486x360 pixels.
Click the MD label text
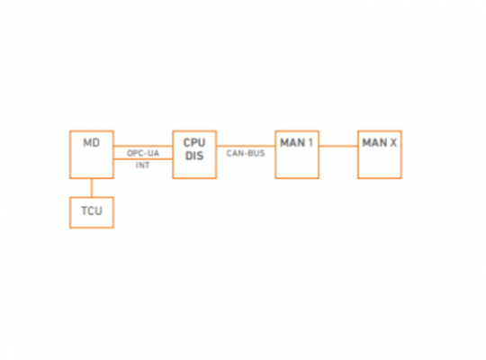click(x=92, y=142)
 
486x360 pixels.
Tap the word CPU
click(x=194, y=142)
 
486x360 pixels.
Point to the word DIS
click(x=194, y=156)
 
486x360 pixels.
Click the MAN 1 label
click(x=297, y=142)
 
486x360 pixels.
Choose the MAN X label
click(x=380, y=142)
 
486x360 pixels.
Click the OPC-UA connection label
click(x=143, y=153)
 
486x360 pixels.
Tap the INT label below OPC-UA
click(x=142, y=166)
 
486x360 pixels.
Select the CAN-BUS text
click(x=246, y=153)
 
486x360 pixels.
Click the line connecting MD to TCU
click(x=92, y=188)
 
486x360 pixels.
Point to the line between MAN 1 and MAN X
click(x=338, y=146)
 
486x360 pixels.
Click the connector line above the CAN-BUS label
click(x=246, y=146)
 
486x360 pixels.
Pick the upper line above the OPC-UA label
click(x=143, y=146)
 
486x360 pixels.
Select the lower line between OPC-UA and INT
click(x=143, y=159)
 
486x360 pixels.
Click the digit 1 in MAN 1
click(x=310, y=142)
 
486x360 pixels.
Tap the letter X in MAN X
click(x=393, y=142)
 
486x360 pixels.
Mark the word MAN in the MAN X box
click(x=374, y=142)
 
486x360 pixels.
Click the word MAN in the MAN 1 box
click(x=292, y=142)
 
